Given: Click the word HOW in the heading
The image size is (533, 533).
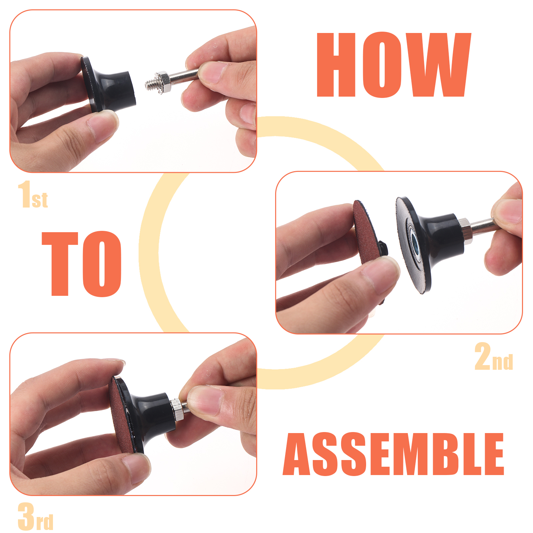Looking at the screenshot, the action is [394, 65].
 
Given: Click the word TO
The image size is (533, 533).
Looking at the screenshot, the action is [82, 264].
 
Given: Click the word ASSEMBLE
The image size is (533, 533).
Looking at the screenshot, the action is [393, 454].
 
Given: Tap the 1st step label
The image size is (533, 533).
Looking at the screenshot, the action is [33, 195].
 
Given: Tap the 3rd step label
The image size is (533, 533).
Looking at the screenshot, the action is [35, 517].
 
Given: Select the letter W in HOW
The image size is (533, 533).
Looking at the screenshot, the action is [436, 65].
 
